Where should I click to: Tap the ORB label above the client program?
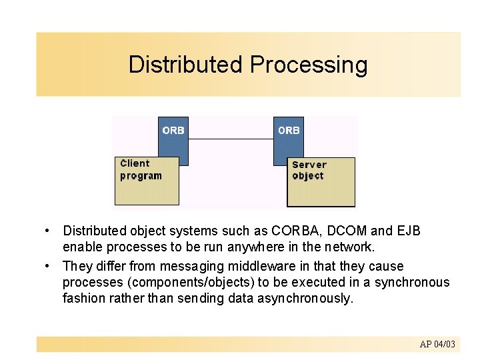coord(173,131)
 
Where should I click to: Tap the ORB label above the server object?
coord(289,131)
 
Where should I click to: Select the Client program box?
coord(147,181)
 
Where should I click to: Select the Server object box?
coord(321,182)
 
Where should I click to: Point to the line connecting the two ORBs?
coord(231,139)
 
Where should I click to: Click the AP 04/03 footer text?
coord(437,344)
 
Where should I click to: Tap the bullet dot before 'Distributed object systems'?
coord(48,231)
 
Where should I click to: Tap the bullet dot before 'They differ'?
coord(48,265)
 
